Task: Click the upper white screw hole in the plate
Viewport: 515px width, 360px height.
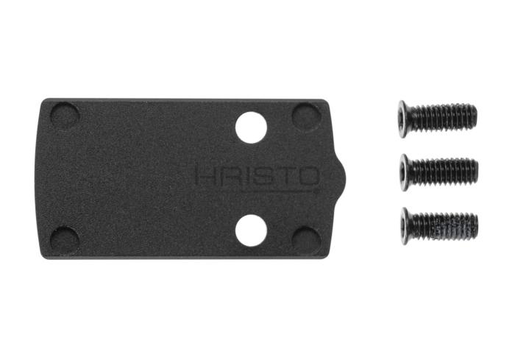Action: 251,127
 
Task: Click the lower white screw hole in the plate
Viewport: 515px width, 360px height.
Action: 251,230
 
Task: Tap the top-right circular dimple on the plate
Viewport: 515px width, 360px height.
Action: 307,117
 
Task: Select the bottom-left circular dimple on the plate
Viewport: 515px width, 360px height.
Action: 65,241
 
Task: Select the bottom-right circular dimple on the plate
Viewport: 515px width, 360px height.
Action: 306,241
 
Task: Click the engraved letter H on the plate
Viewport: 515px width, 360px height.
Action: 205,175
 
